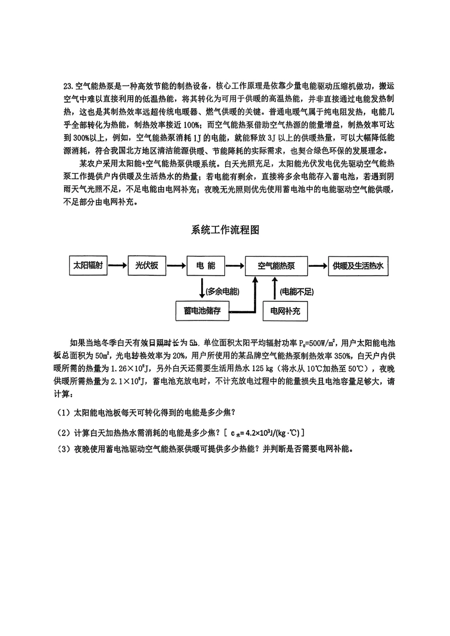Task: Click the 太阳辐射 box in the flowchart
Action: point(88,265)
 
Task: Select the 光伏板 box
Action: point(146,265)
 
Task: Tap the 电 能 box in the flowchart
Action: point(206,265)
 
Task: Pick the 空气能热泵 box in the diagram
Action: point(276,266)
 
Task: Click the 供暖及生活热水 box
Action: point(358,266)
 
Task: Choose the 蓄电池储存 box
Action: point(202,311)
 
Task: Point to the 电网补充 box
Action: point(285,311)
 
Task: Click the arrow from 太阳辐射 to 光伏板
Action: point(117,265)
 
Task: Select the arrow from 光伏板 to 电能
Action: point(176,265)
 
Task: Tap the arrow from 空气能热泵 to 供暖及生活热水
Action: point(318,266)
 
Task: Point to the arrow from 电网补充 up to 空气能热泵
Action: point(274,288)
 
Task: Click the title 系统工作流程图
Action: point(225,230)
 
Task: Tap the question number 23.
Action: point(68,86)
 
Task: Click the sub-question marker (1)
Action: point(64,413)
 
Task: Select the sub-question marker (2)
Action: point(64,433)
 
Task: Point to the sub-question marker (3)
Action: point(64,449)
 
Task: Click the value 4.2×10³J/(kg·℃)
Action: point(272,433)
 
